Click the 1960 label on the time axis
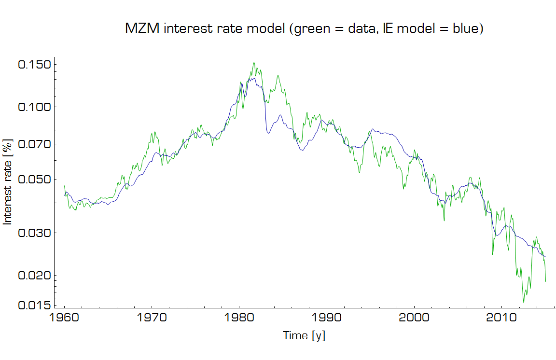point(64,319)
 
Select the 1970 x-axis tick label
point(152,319)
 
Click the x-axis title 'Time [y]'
point(304,335)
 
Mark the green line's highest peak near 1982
point(254,63)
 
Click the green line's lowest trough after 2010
point(524,302)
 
